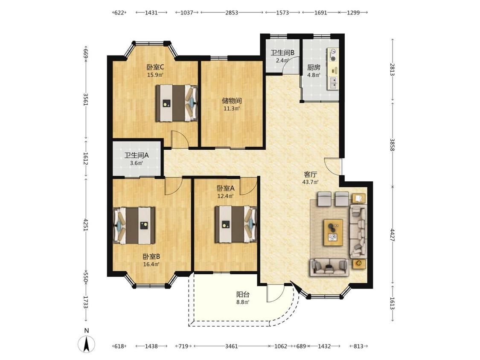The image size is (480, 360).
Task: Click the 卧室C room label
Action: tap(155, 67)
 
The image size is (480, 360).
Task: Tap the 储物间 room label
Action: tap(232, 100)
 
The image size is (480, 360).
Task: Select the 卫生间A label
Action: tap(137, 155)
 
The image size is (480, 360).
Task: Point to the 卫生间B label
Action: tap(282, 52)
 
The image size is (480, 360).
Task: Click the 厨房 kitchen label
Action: tap(314, 67)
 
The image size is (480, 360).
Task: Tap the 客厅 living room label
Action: tap(311, 174)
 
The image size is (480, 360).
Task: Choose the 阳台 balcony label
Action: tap(243, 294)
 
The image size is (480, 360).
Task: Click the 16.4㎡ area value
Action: tap(151, 264)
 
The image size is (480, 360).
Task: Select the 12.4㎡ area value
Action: tap(225, 196)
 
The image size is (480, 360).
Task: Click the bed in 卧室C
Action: tap(177, 103)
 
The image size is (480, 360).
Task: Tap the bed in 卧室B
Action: tap(134, 226)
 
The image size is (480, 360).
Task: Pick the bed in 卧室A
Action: tap(236, 224)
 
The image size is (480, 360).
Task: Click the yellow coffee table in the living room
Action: tap(333, 232)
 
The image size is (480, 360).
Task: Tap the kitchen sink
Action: tap(333, 83)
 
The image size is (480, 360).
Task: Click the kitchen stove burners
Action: tap(333, 55)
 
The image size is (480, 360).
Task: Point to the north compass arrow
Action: tap(87, 344)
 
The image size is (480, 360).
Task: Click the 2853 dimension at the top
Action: tap(232, 12)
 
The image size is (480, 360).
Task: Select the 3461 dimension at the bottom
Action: tap(232, 346)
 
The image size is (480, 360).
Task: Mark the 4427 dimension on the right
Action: tap(393, 235)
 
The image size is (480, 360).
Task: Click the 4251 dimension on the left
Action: tap(86, 225)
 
